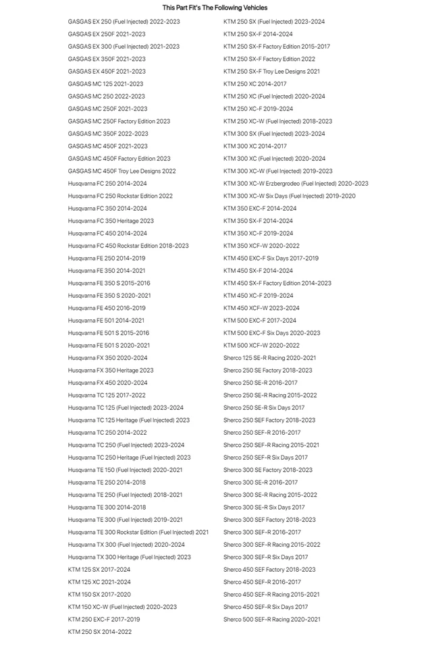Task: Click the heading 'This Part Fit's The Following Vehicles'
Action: (215, 8)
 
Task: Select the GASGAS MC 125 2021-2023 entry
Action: (105, 84)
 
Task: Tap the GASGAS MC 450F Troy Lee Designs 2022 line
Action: (122, 171)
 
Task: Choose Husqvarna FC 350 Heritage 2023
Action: (111, 221)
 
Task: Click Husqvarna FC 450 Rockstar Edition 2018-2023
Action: (128, 246)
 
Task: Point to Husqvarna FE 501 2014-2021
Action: (106, 321)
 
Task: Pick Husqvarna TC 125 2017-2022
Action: (107, 396)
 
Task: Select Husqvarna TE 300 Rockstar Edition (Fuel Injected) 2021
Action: (138, 532)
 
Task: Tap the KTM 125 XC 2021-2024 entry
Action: (99, 582)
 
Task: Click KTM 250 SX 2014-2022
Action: (100, 632)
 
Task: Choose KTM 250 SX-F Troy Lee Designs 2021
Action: (272, 72)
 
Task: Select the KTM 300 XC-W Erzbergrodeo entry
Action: (296, 184)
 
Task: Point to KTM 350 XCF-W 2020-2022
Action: (262, 246)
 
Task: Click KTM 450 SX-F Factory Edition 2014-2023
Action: (277, 283)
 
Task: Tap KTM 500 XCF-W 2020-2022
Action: (262, 346)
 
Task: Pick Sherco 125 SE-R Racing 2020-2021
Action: (270, 358)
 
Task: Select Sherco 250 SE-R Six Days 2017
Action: (264, 408)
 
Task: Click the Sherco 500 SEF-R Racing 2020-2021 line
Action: (272, 619)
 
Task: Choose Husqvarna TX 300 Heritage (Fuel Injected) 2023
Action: (130, 557)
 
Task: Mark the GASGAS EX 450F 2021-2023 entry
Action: (107, 72)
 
